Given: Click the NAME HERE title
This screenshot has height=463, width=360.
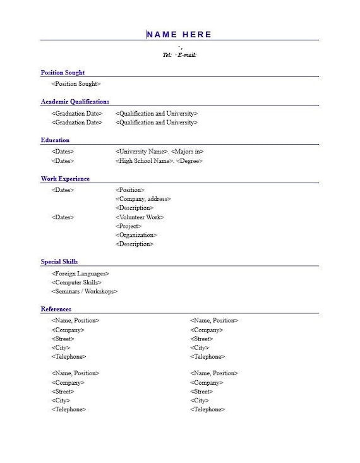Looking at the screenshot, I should (x=179, y=34).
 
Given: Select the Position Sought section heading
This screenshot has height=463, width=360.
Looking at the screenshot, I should (x=63, y=73).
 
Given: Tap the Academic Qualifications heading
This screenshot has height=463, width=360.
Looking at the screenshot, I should (x=75, y=102).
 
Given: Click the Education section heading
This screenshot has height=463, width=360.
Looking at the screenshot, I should (x=55, y=140).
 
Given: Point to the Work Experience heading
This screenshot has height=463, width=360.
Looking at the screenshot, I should (x=65, y=179).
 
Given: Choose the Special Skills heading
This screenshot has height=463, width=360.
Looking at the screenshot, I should (x=59, y=262).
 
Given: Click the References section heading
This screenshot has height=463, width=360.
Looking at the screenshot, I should (x=56, y=309).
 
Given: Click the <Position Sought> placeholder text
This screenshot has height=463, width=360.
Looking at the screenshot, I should (x=76, y=84).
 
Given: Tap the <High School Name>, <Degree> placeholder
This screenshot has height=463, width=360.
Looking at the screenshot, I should (x=159, y=161).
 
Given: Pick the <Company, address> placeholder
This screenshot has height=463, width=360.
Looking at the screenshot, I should (x=143, y=199).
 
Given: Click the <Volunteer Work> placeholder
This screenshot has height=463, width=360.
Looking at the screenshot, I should (x=140, y=217).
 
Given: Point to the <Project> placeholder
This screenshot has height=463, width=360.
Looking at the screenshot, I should (x=128, y=226).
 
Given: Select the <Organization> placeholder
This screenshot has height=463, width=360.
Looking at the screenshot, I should (x=136, y=235).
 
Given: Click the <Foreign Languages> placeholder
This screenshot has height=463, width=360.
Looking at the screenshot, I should (x=80, y=274).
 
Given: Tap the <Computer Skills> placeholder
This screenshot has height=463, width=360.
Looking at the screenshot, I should (x=76, y=282).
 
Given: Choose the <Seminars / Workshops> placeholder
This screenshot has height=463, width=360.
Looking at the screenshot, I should (x=84, y=291).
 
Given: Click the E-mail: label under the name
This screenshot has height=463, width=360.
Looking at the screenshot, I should (x=187, y=55).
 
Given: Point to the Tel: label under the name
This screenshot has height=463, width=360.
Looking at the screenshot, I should (x=167, y=55).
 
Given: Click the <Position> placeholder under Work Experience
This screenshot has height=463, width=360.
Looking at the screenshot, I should (x=129, y=190).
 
